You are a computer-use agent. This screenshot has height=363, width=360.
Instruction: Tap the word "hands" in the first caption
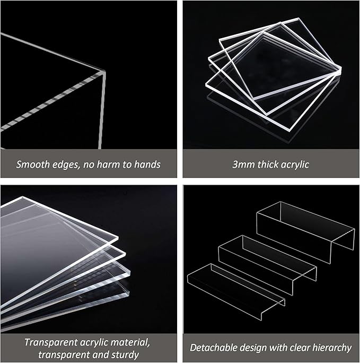145,165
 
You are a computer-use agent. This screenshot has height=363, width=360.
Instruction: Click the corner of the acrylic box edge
100,75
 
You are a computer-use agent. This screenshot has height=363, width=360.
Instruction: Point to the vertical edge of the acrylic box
100,111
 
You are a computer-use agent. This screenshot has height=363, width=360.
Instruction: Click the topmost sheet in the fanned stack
53,223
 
